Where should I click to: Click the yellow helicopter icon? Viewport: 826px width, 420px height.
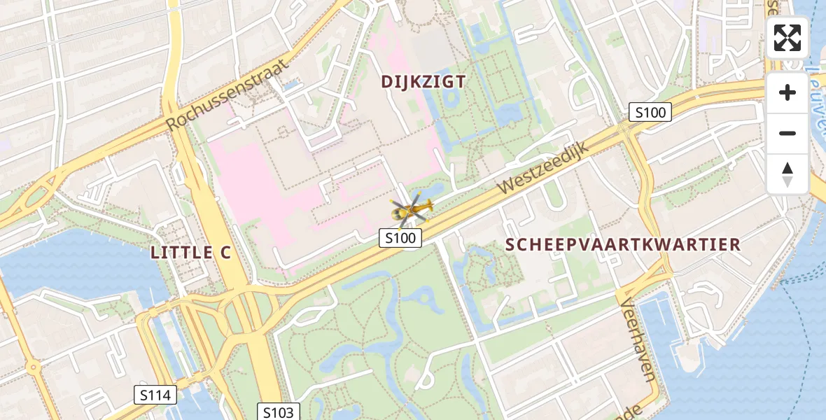pos(412,209)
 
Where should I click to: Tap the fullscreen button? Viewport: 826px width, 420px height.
pos(787,38)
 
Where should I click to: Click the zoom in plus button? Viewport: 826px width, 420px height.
pos(787,92)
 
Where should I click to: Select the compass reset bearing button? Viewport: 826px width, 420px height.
pos(787,174)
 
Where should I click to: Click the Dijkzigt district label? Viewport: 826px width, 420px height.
pos(423,82)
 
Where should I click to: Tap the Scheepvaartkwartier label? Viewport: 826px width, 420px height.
pos(622,245)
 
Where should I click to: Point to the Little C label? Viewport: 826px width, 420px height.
pos(190,253)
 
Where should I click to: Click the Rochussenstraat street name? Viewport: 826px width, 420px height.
pos(227,94)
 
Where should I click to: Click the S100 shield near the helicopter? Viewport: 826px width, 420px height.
pos(401,238)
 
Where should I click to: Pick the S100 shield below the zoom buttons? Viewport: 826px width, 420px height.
pos(650,111)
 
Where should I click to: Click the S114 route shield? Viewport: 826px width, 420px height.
pos(155,395)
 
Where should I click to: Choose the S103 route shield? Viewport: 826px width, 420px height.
pos(279,412)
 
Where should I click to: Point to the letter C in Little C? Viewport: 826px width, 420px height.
pos(224,253)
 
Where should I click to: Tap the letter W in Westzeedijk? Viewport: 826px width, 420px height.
pos(505,189)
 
